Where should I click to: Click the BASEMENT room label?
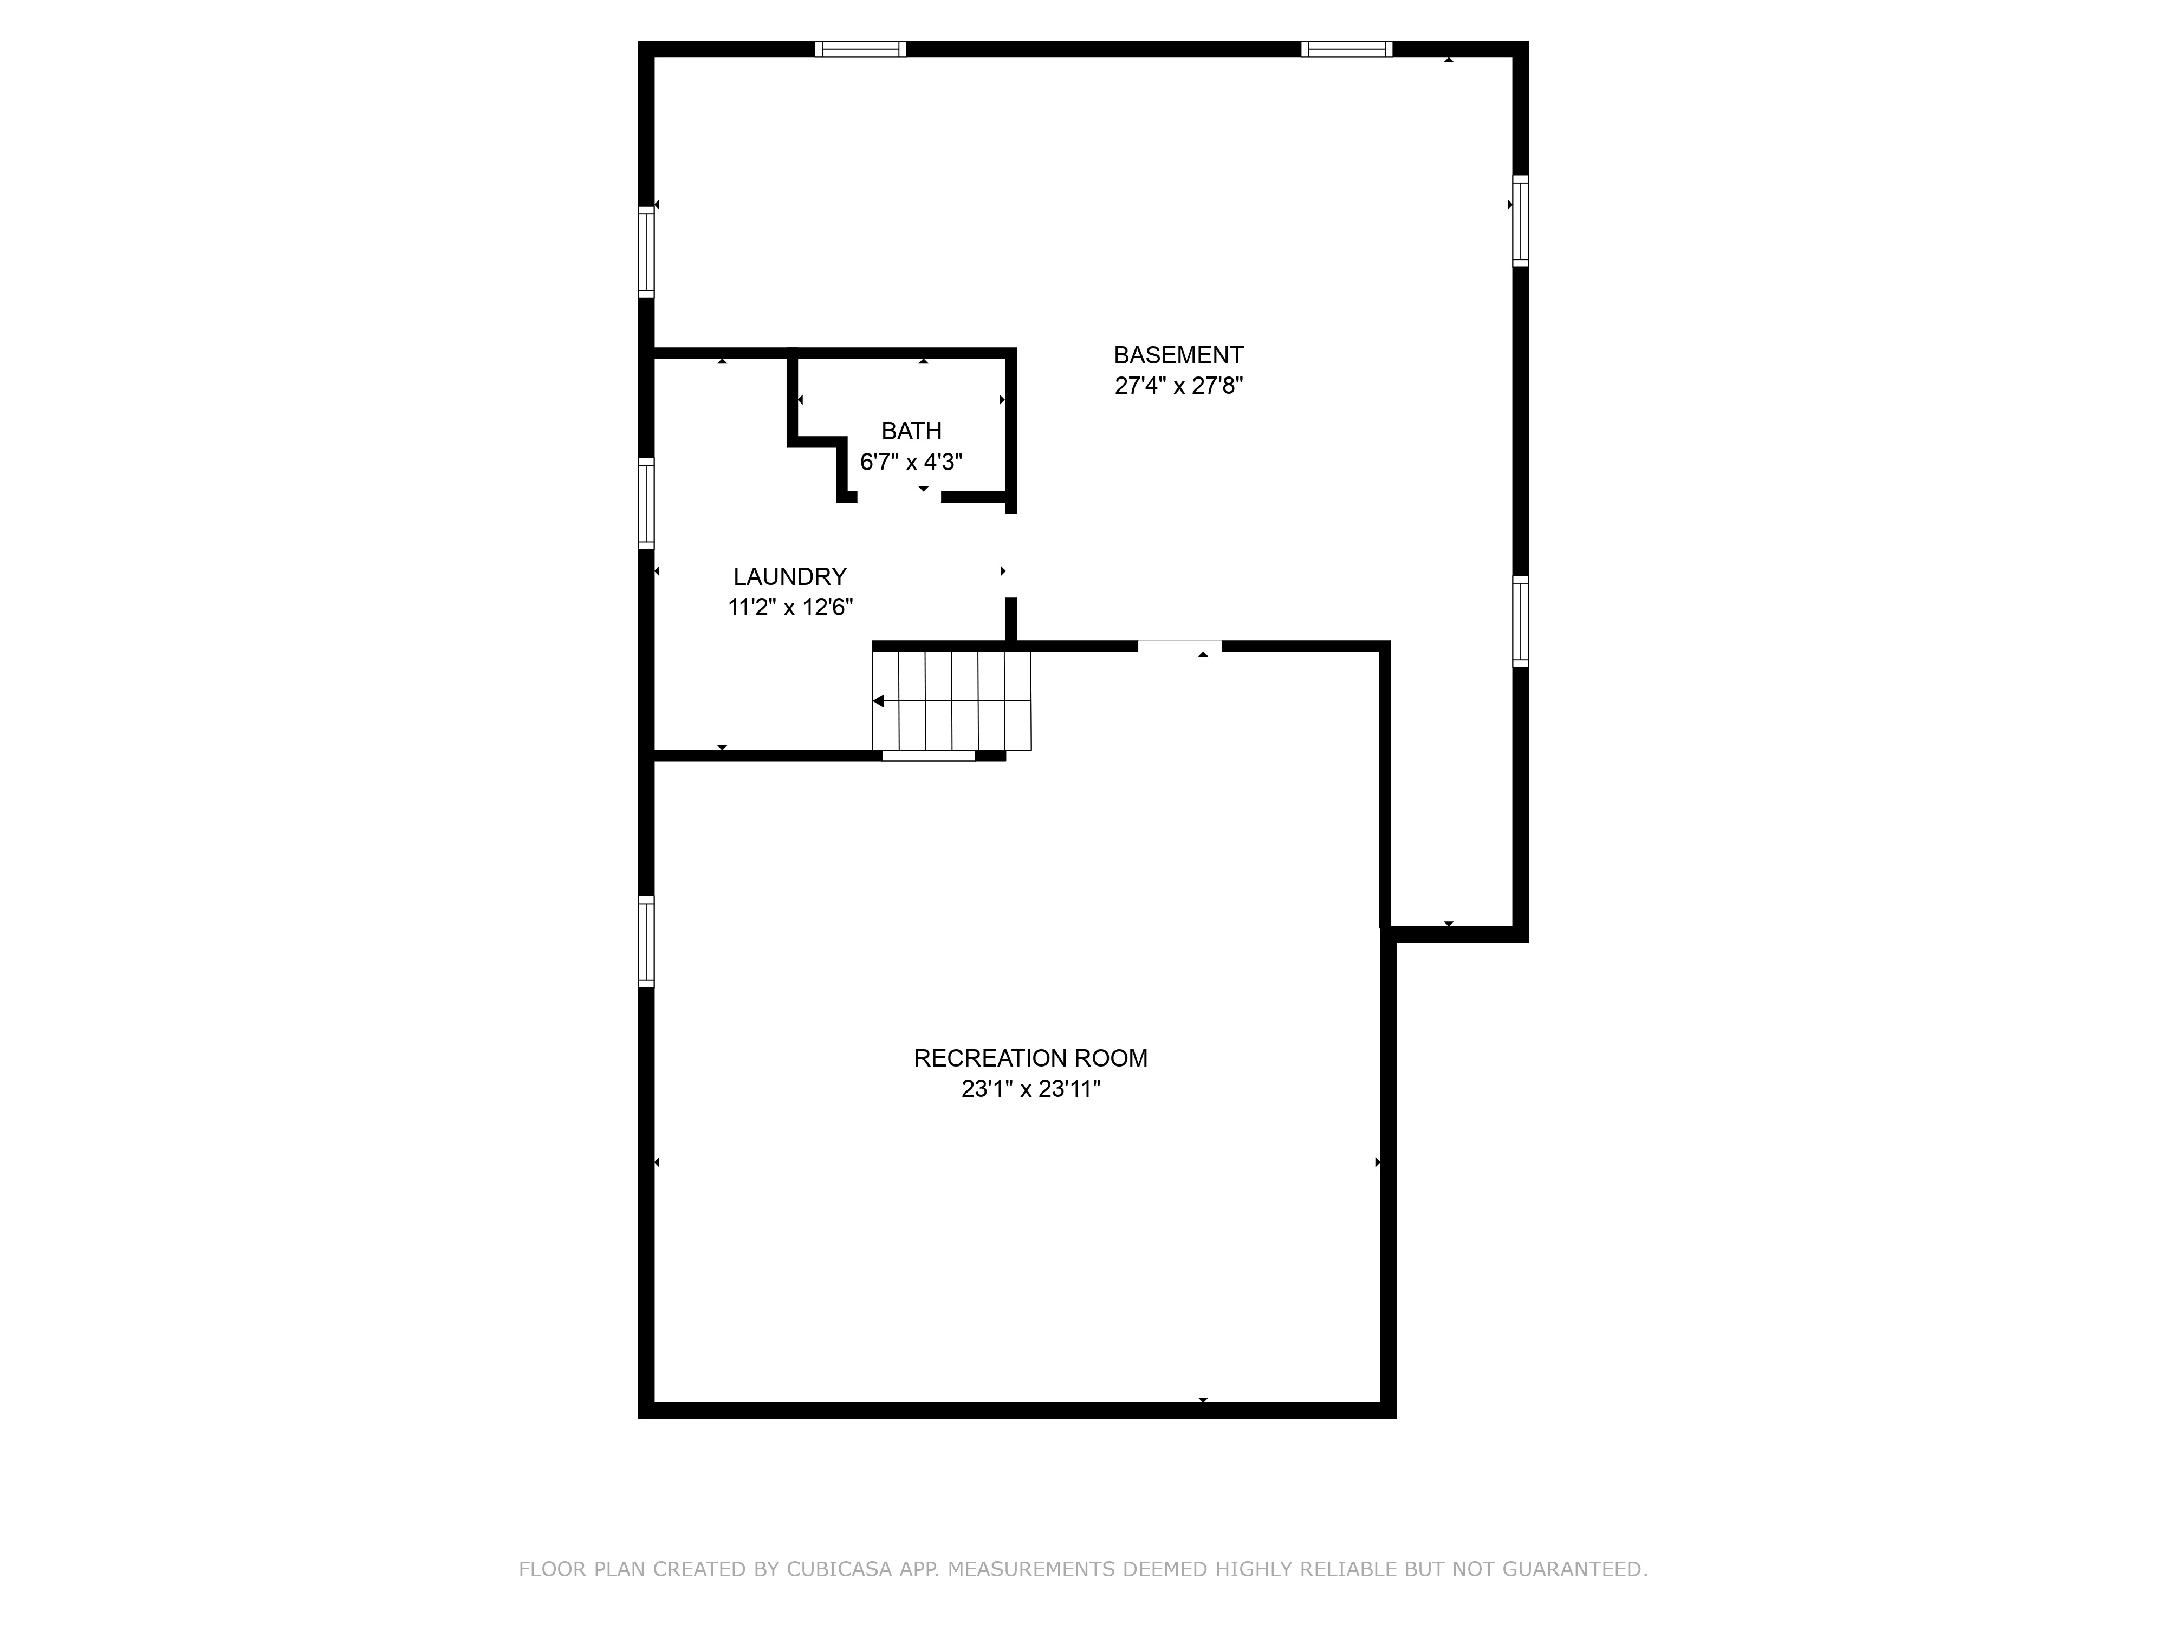1178,355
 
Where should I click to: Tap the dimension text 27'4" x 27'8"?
1178,386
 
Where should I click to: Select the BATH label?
911,431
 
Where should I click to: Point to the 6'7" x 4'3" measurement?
911,461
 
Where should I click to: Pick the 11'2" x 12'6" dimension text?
790,607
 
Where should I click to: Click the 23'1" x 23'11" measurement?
1030,1089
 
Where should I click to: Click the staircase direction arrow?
879,701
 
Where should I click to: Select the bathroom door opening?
898,496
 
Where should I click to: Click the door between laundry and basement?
1011,555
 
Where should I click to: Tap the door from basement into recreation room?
1179,646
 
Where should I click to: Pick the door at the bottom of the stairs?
927,755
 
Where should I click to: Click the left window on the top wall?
860,49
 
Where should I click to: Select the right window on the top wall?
1346,49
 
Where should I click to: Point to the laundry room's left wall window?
646,503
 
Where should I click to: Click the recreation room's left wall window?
646,941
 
